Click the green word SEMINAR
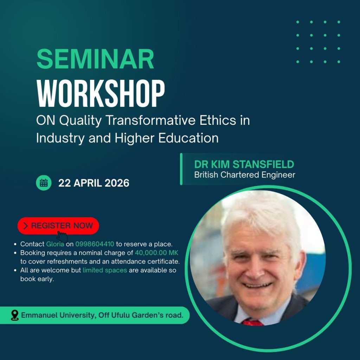pos(95,59)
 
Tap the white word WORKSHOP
pos(101,94)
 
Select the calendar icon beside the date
pos(44,183)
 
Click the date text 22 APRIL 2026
pos(94,183)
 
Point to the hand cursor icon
pos(62,237)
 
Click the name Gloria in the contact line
pos(55,244)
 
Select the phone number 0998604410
pos(95,244)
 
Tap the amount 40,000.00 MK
pos(156,252)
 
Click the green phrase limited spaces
pos(105,270)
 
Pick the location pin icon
pos(15,315)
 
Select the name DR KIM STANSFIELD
pos(244,164)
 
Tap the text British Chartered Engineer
pos(245,175)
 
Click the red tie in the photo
pos(252,322)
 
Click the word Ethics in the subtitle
pos(218,120)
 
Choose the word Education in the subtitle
pos(188,138)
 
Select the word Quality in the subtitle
pos(80,121)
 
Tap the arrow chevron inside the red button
pos(25,226)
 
